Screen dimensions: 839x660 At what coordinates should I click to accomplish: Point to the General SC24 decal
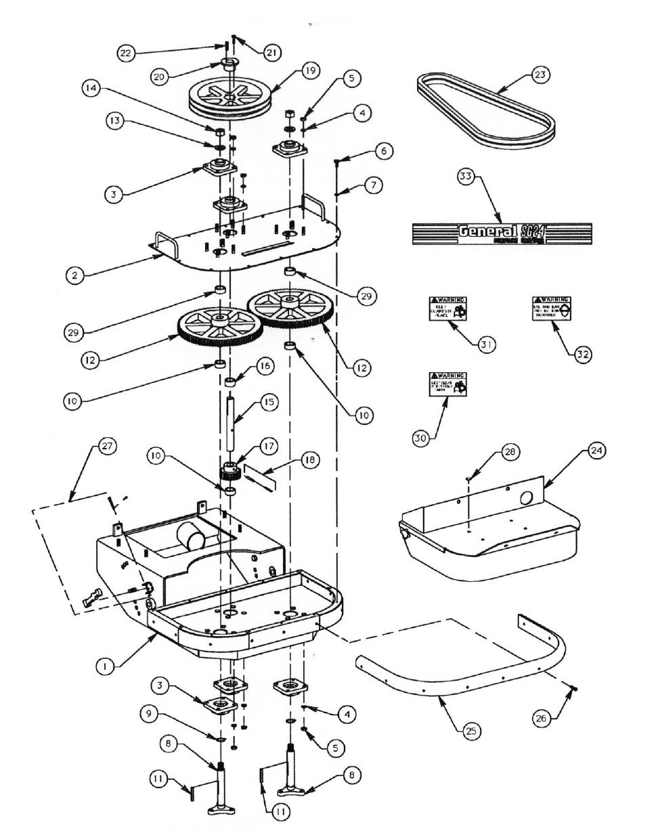click(x=502, y=233)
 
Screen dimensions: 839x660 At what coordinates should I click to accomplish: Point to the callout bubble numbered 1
click(x=104, y=666)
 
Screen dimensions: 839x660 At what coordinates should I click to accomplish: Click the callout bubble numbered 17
click(x=269, y=447)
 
